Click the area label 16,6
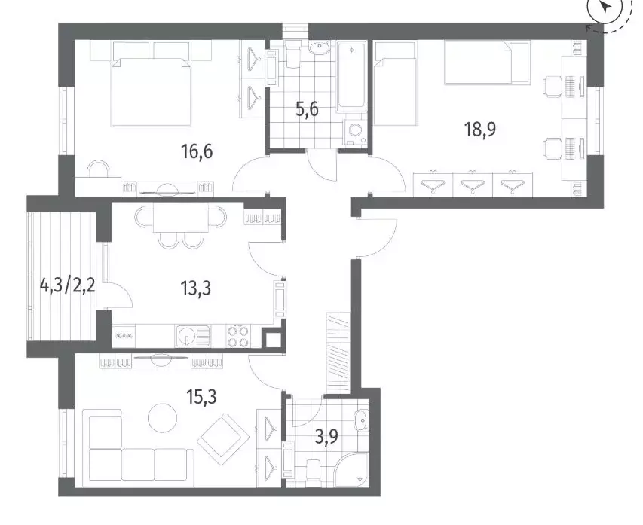pyautogui.click(x=197, y=152)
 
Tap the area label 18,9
pyautogui.click(x=479, y=129)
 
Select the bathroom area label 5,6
pyautogui.click(x=307, y=110)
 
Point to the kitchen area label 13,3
pyautogui.click(x=196, y=288)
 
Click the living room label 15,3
pyautogui.click(x=201, y=396)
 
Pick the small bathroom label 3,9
pyautogui.click(x=326, y=437)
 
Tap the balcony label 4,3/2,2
pyautogui.click(x=68, y=285)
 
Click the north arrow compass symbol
pyautogui.click(x=605, y=9)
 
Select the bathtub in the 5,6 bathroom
pyautogui.click(x=351, y=77)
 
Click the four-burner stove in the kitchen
pyautogui.click(x=237, y=336)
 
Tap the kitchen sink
pyautogui.click(x=192, y=336)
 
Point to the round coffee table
pyautogui.click(x=163, y=417)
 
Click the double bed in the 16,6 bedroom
pyautogui.click(x=151, y=91)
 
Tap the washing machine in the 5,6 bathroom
pyautogui.click(x=355, y=132)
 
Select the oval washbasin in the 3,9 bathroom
pyautogui.click(x=361, y=420)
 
